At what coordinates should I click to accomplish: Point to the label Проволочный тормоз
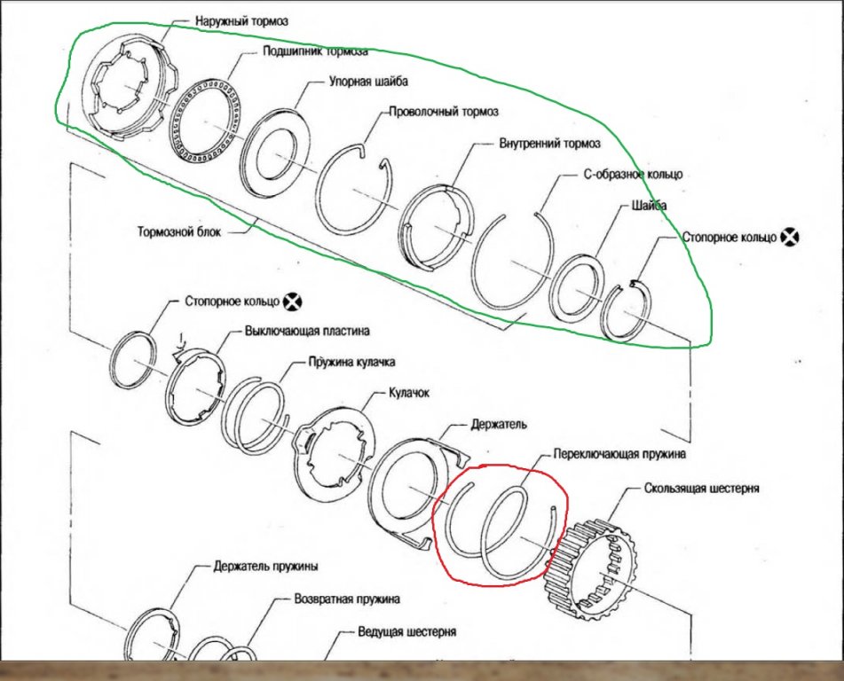443,113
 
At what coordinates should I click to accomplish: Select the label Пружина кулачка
351,362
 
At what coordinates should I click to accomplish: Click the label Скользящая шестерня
695,489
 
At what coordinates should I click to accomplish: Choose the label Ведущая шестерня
407,632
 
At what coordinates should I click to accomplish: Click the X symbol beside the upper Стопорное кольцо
789,237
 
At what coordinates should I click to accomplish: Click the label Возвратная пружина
347,599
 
